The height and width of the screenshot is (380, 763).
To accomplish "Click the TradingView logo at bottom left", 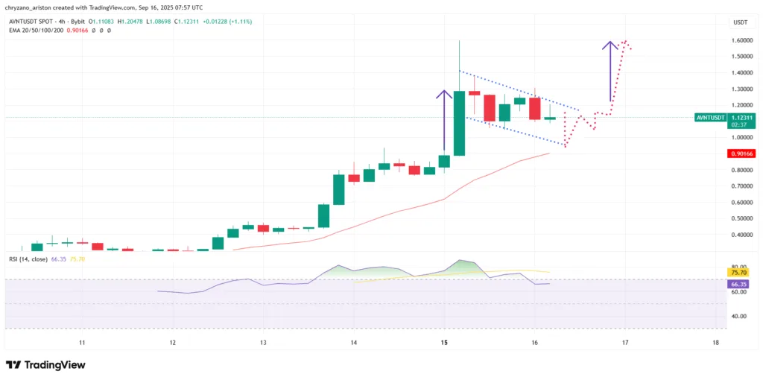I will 45,365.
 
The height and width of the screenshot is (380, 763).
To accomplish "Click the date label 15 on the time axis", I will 444,343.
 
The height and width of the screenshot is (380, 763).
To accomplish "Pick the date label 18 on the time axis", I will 715,343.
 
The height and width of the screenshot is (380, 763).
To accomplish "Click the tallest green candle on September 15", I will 459,123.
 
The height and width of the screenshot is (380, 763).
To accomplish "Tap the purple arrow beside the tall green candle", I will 445,119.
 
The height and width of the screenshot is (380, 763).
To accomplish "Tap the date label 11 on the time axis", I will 82,343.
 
